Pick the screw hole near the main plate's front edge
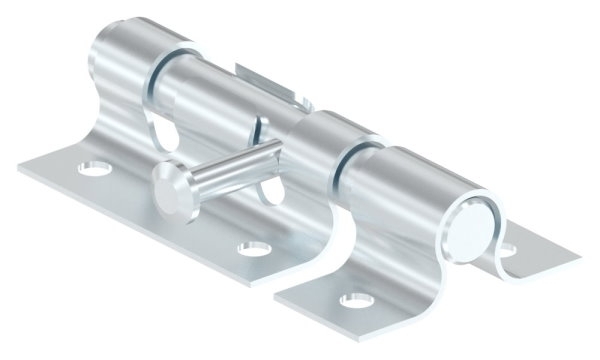(251, 247)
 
